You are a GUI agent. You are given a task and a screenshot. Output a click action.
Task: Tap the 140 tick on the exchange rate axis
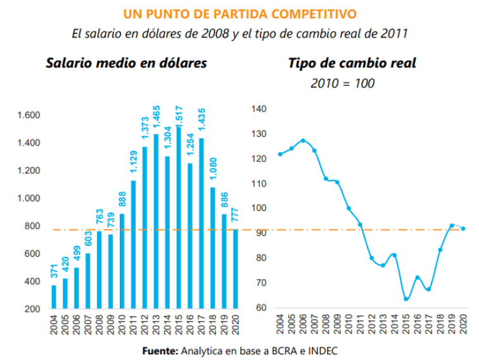coord(260,109)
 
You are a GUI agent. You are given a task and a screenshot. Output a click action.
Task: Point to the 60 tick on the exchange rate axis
coord(262,308)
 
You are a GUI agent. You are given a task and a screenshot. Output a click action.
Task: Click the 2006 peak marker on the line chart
coord(303,141)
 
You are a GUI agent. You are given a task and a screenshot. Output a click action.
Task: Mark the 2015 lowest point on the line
coord(406,299)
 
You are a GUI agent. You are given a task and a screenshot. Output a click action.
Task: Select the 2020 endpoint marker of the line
coord(463,229)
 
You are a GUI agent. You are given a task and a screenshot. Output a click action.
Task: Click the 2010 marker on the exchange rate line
coord(348,209)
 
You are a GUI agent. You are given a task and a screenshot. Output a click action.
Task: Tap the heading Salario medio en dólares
coord(125,63)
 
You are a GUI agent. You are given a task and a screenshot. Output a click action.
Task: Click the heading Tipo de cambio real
coord(352,63)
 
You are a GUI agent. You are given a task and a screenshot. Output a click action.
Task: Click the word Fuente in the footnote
coord(160,349)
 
